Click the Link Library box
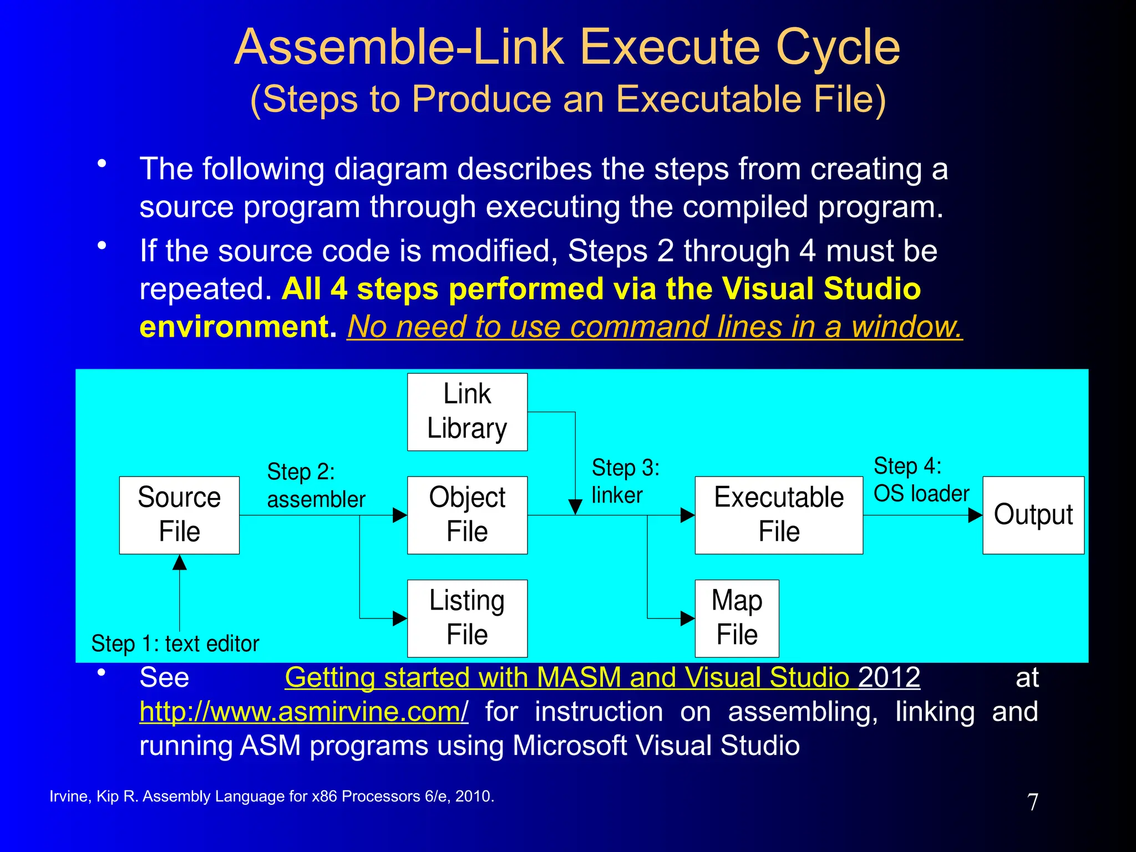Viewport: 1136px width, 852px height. pos(467,412)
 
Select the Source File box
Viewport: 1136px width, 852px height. pos(179,515)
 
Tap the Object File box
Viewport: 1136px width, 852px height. pos(467,515)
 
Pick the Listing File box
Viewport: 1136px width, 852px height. pos(467,618)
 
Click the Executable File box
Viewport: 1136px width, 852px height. pos(778,515)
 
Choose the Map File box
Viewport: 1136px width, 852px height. pos(737,618)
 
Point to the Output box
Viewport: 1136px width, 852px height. pos(1033,515)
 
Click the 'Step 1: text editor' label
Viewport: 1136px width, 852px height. pos(175,644)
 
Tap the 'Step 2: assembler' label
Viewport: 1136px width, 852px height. pos(316,485)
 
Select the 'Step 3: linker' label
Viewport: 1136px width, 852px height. pos(625,481)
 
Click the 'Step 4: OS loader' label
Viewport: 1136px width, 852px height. pos(921,480)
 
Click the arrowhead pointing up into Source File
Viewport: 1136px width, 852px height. pos(179,562)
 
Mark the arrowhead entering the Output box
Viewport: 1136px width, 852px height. pos(975,515)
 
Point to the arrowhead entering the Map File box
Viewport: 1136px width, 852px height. pos(687,618)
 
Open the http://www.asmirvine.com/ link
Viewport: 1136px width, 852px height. pos(303,712)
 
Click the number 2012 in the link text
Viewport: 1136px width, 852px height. pos(889,677)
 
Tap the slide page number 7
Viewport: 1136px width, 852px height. pos(1032,802)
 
